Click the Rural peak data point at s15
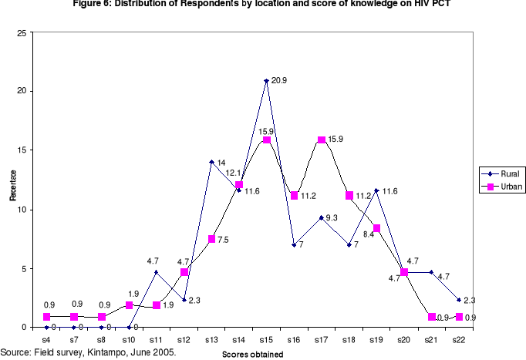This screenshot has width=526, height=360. (266, 80)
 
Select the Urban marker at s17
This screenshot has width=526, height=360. (322, 140)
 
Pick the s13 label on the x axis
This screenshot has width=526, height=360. (211, 339)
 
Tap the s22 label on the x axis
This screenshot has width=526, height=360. (459, 339)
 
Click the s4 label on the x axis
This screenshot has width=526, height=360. (46, 339)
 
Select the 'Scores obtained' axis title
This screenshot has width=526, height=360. (255, 355)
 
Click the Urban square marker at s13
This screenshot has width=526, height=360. (211, 239)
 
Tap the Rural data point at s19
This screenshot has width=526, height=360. (376, 190)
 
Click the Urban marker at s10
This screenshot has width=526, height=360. (129, 305)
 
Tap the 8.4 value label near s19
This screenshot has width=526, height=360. (369, 234)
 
